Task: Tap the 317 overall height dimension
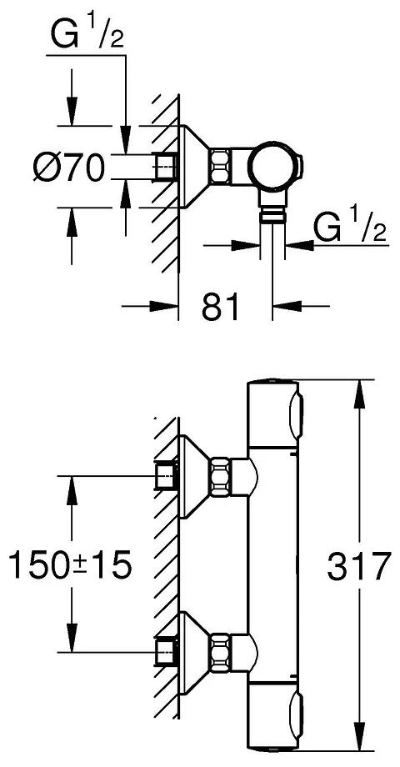(359, 567)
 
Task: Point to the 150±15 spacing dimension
(69, 567)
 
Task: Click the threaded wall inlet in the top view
(167, 167)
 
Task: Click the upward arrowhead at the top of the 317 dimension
(359, 390)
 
